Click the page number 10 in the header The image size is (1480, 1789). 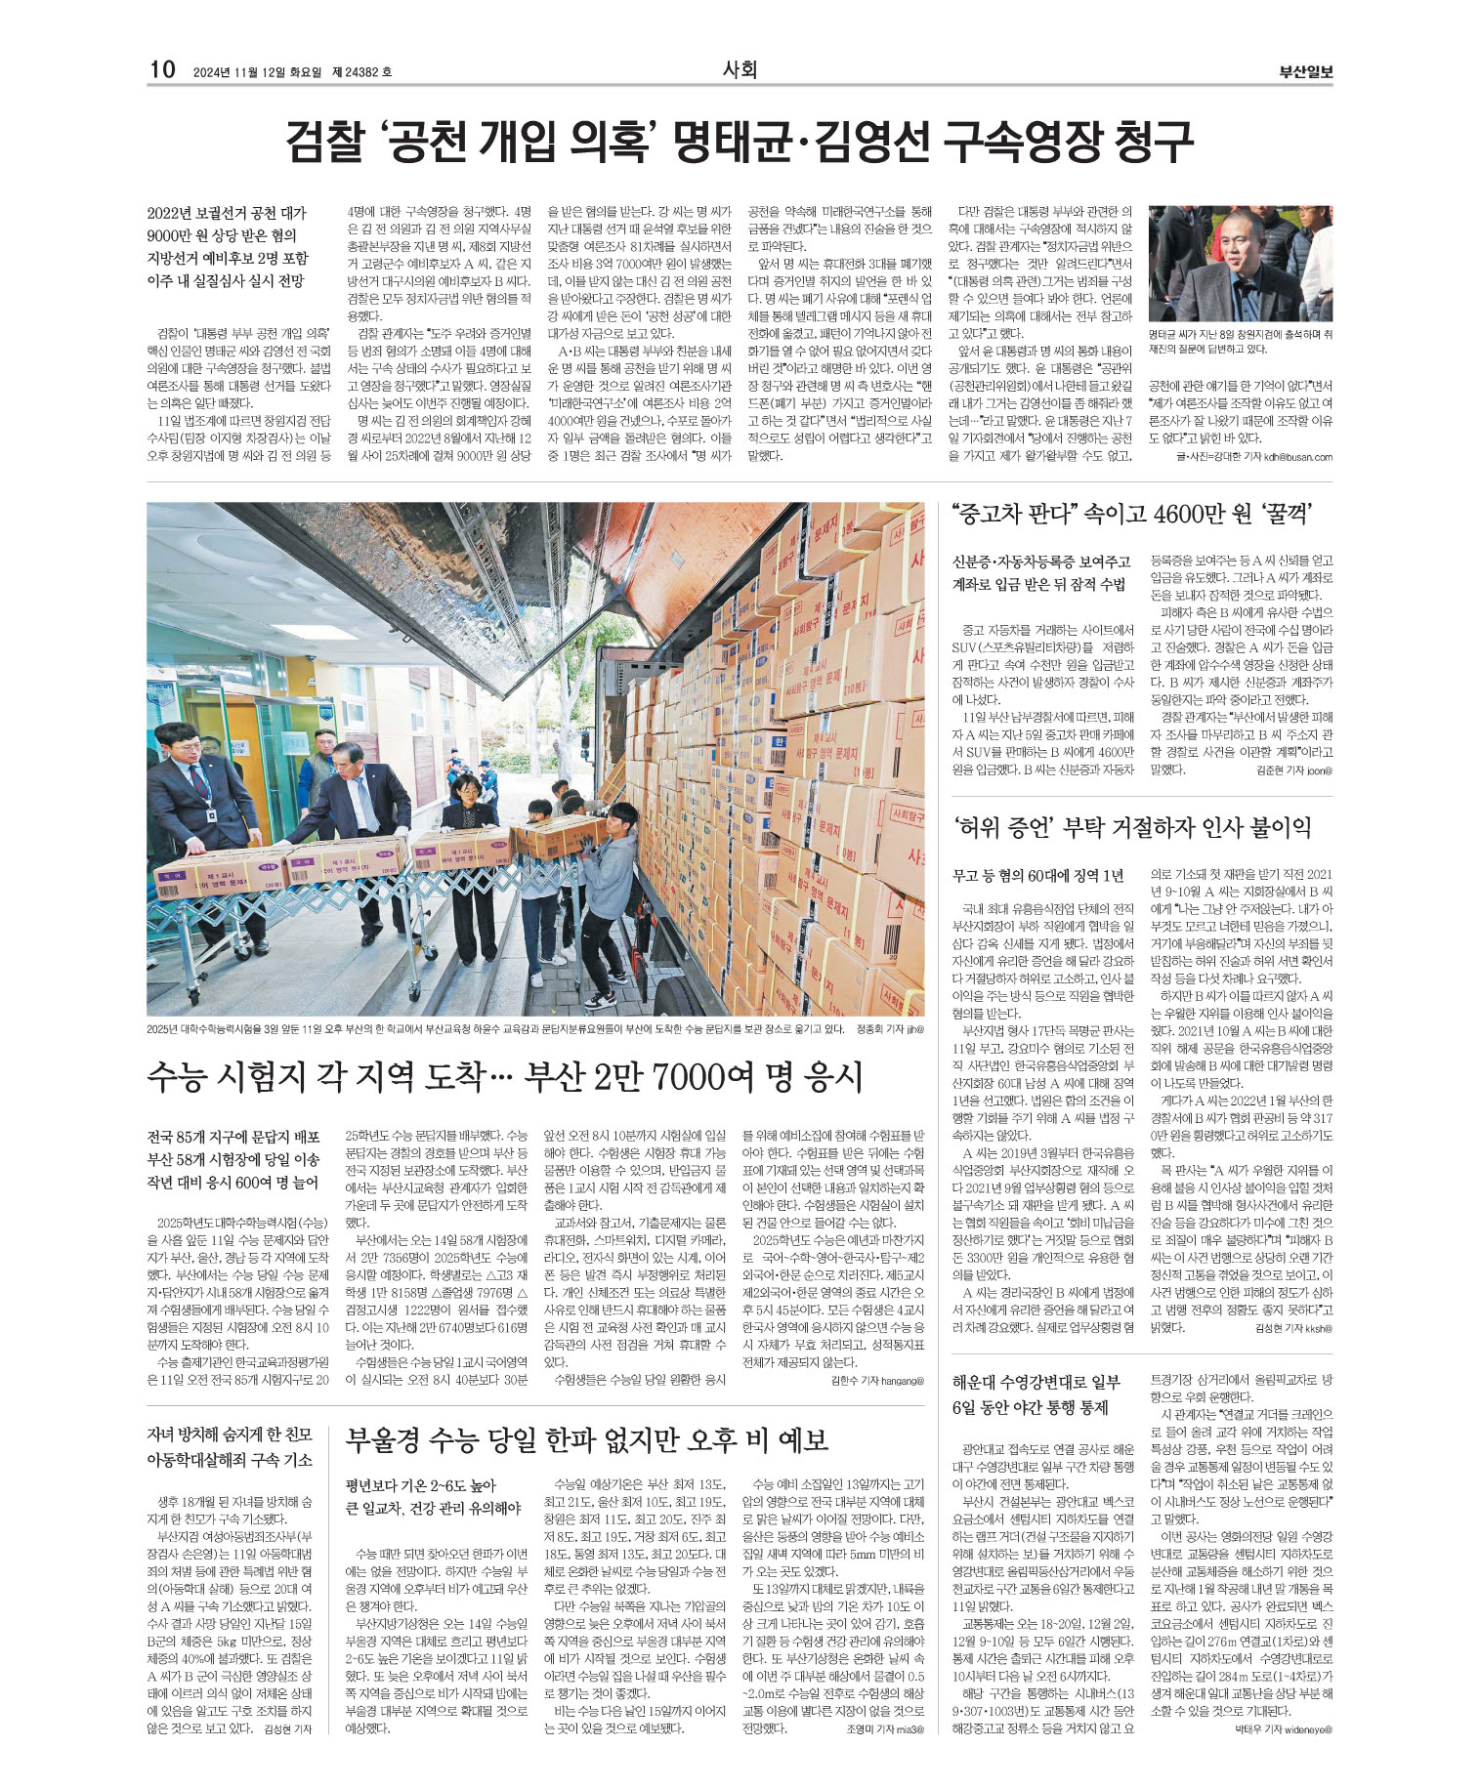point(161,69)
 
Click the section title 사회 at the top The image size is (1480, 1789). point(740,69)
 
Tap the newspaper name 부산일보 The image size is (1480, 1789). point(1306,71)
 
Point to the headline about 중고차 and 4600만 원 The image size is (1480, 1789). point(1131,514)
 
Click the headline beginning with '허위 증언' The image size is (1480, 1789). point(1131,828)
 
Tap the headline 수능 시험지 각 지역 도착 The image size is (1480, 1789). point(505,1076)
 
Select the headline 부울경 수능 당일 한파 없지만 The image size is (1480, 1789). point(587,1439)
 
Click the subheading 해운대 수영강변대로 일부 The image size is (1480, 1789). point(1036,1382)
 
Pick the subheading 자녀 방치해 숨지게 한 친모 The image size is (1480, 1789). point(230,1435)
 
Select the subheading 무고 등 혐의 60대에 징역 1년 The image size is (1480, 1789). point(1038,876)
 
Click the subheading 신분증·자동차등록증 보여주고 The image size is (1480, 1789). point(1040,562)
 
